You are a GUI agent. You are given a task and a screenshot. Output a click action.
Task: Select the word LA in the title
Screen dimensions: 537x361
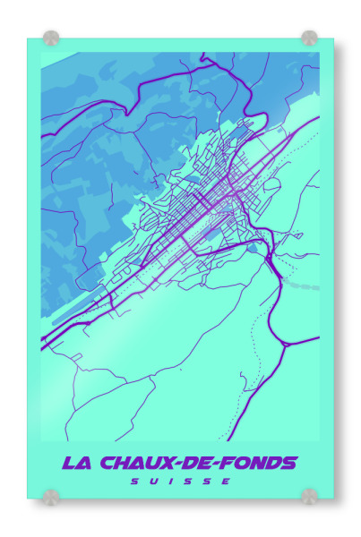coord(73,463)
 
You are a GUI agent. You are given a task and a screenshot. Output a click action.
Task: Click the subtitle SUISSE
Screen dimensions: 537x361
coord(180,481)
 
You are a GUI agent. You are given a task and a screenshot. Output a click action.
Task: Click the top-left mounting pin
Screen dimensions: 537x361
coord(51,38)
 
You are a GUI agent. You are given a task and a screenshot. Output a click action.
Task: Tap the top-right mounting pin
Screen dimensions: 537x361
coord(309,38)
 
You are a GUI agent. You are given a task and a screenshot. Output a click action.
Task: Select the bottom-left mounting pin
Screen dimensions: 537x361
coord(52,495)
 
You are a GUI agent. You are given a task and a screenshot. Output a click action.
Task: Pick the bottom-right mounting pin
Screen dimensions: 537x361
coord(309,495)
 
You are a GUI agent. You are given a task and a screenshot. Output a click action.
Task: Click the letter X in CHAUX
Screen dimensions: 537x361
coord(166,463)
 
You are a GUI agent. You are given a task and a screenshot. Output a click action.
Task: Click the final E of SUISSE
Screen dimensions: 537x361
coord(228,481)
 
